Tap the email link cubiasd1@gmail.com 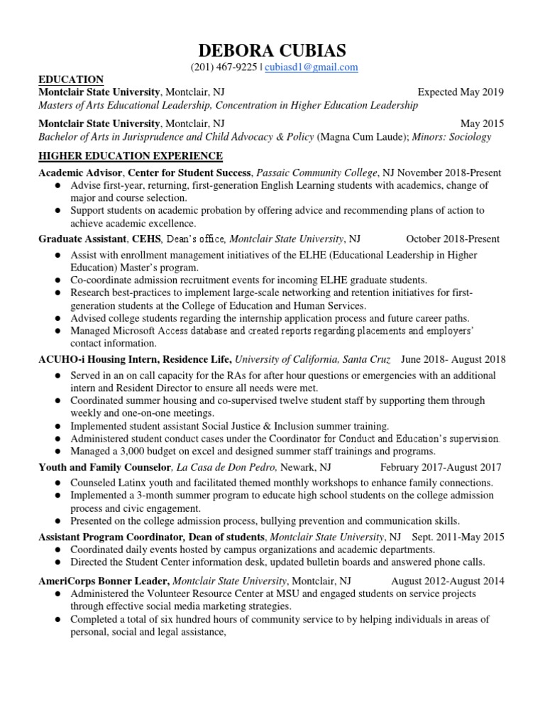(312, 67)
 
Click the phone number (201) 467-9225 (223, 67)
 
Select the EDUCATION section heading (71, 80)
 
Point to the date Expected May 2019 (461, 92)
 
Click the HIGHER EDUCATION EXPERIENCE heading (131, 155)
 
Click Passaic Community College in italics (316, 173)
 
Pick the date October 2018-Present (453, 239)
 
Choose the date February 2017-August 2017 (441, 467)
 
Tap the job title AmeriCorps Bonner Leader (104, 580)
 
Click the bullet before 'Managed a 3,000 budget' (56, 452)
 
